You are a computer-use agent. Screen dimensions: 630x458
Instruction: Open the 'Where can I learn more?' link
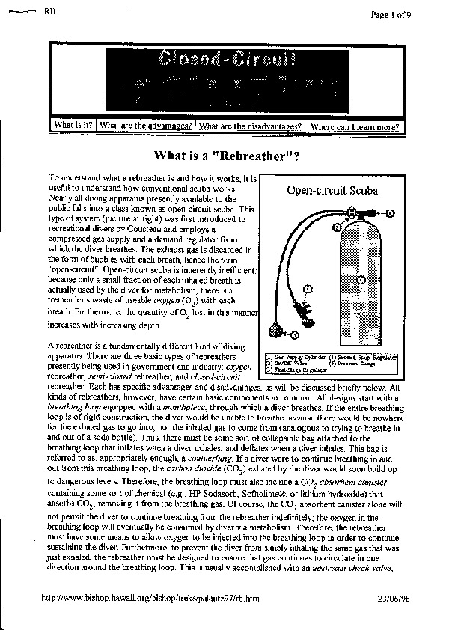click(x=355, y=127)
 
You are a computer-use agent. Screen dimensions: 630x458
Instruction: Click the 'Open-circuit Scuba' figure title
click(x=332, y=190)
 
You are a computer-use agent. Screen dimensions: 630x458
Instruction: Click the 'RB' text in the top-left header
click(x=50, y=13)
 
